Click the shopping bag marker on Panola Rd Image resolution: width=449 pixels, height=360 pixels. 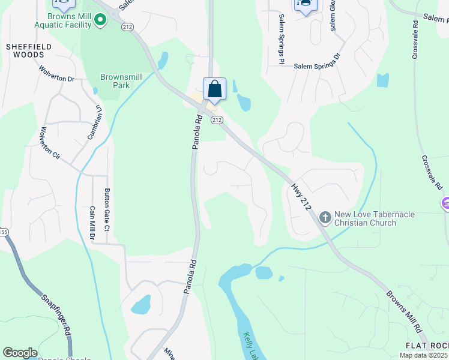215,89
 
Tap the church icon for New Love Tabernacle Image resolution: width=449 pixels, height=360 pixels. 325,216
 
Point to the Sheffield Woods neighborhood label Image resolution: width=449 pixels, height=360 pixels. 25,50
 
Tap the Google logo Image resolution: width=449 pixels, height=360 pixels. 20,353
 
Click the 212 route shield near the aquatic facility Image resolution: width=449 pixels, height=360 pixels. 127,27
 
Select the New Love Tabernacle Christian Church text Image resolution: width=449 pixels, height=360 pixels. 365,219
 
